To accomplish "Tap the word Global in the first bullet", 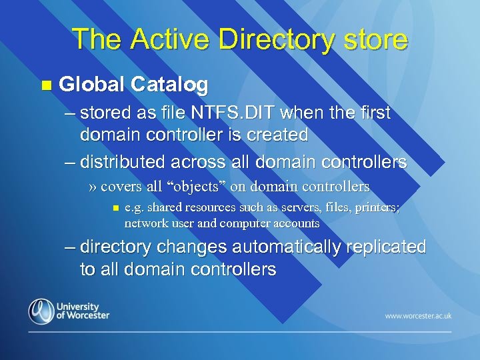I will point(91,85).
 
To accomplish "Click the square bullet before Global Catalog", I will point(45,85).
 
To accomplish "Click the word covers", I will point(122,187).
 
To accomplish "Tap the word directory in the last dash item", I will point(115,247).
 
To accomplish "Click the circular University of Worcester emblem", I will point(41,311).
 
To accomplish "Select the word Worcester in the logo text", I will point(86,315).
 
